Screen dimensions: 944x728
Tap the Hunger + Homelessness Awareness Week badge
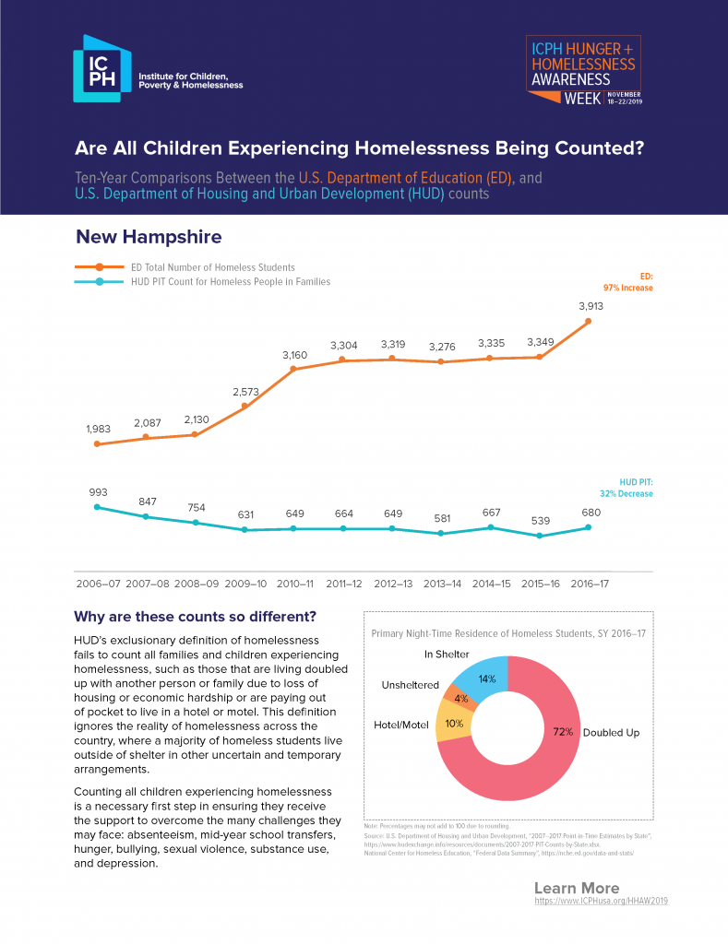pos(583,72)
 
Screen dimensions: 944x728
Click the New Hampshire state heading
pos(149,237)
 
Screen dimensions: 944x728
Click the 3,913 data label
pos(591,306)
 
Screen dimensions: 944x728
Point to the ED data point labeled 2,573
pos(245,406)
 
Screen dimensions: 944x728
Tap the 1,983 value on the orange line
pos(97,429)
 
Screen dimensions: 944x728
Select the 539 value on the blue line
pos(541,520)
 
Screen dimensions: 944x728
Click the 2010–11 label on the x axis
pos(294,584)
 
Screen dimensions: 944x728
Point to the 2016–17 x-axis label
pos(590,584)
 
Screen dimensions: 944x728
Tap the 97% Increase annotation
pos(629,288)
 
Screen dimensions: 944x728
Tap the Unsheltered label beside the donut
pos(411,686)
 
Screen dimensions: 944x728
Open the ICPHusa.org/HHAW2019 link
pos(601,900)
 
